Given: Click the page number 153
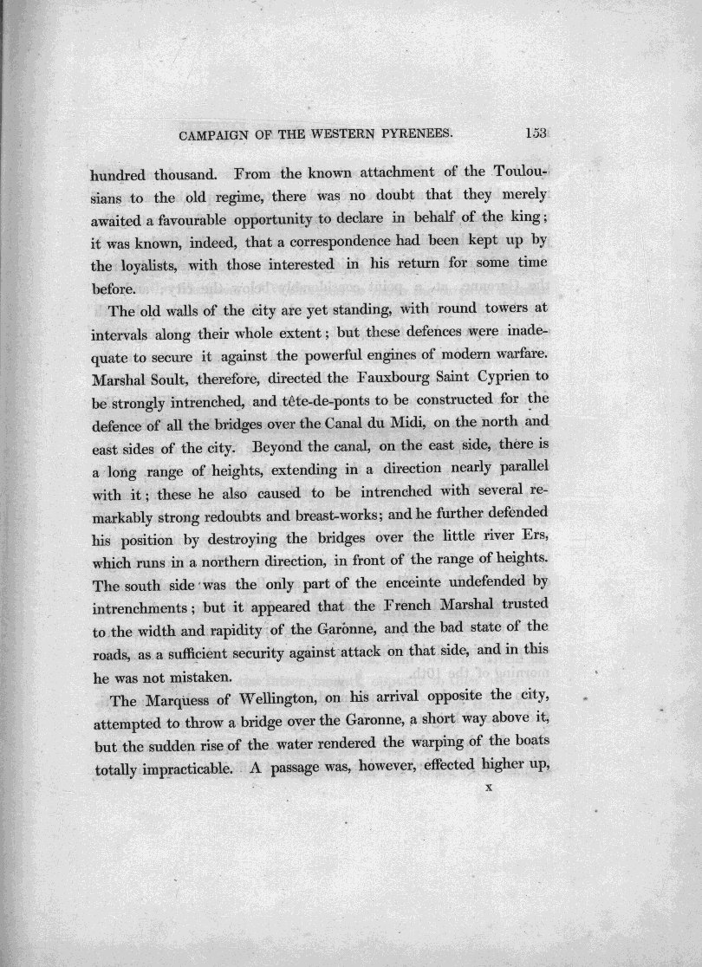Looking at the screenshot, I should tap(537, 133).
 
